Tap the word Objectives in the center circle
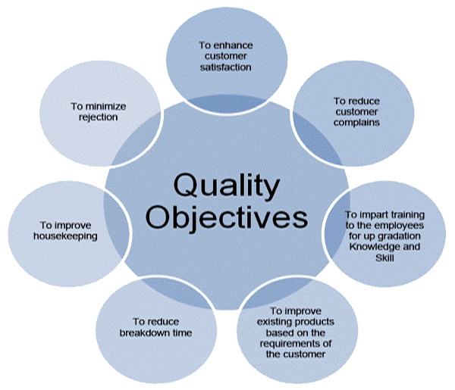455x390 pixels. pyautogui.click(x=227, y=217)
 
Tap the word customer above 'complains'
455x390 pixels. pyautogui.click(x=357, y=111)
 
